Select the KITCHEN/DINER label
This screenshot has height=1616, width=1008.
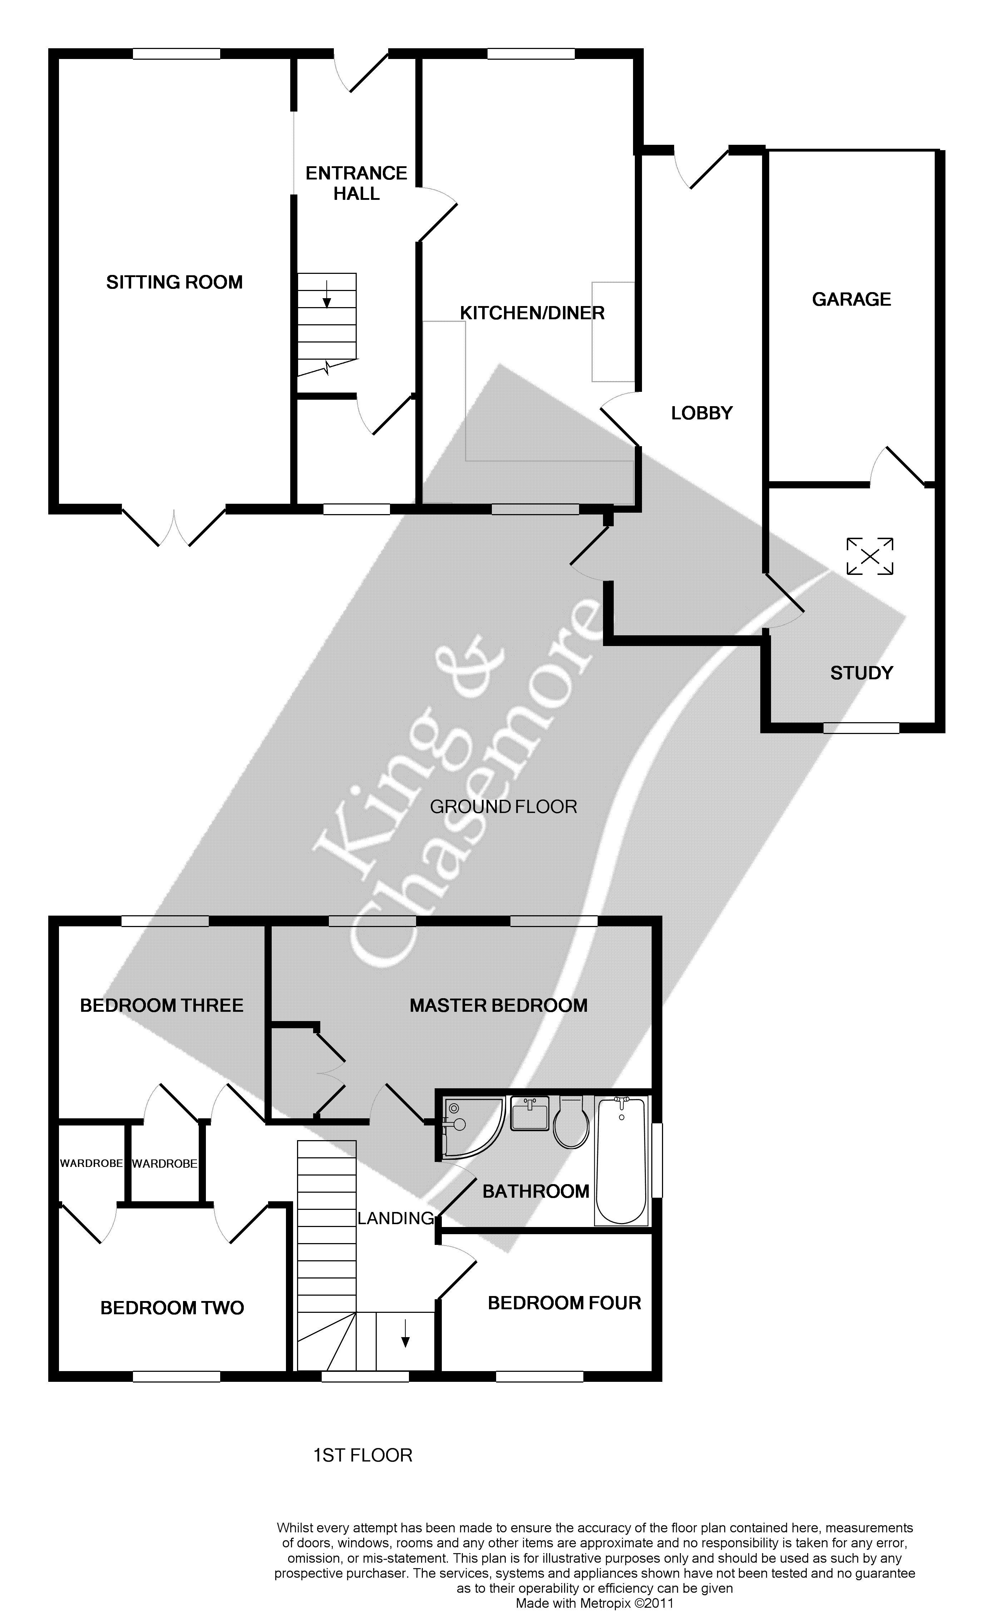coord(532,313)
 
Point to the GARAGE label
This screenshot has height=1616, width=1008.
coord(851,299)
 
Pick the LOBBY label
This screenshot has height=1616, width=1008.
coord(701,413)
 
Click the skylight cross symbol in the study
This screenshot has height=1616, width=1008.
coord(870,556)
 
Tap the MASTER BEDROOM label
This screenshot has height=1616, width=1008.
coord(499,1005)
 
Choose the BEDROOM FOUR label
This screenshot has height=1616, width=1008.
coord(564,1303)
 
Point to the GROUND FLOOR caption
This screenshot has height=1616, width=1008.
coord(503,807)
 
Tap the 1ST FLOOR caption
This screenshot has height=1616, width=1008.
coord(363,1455)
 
